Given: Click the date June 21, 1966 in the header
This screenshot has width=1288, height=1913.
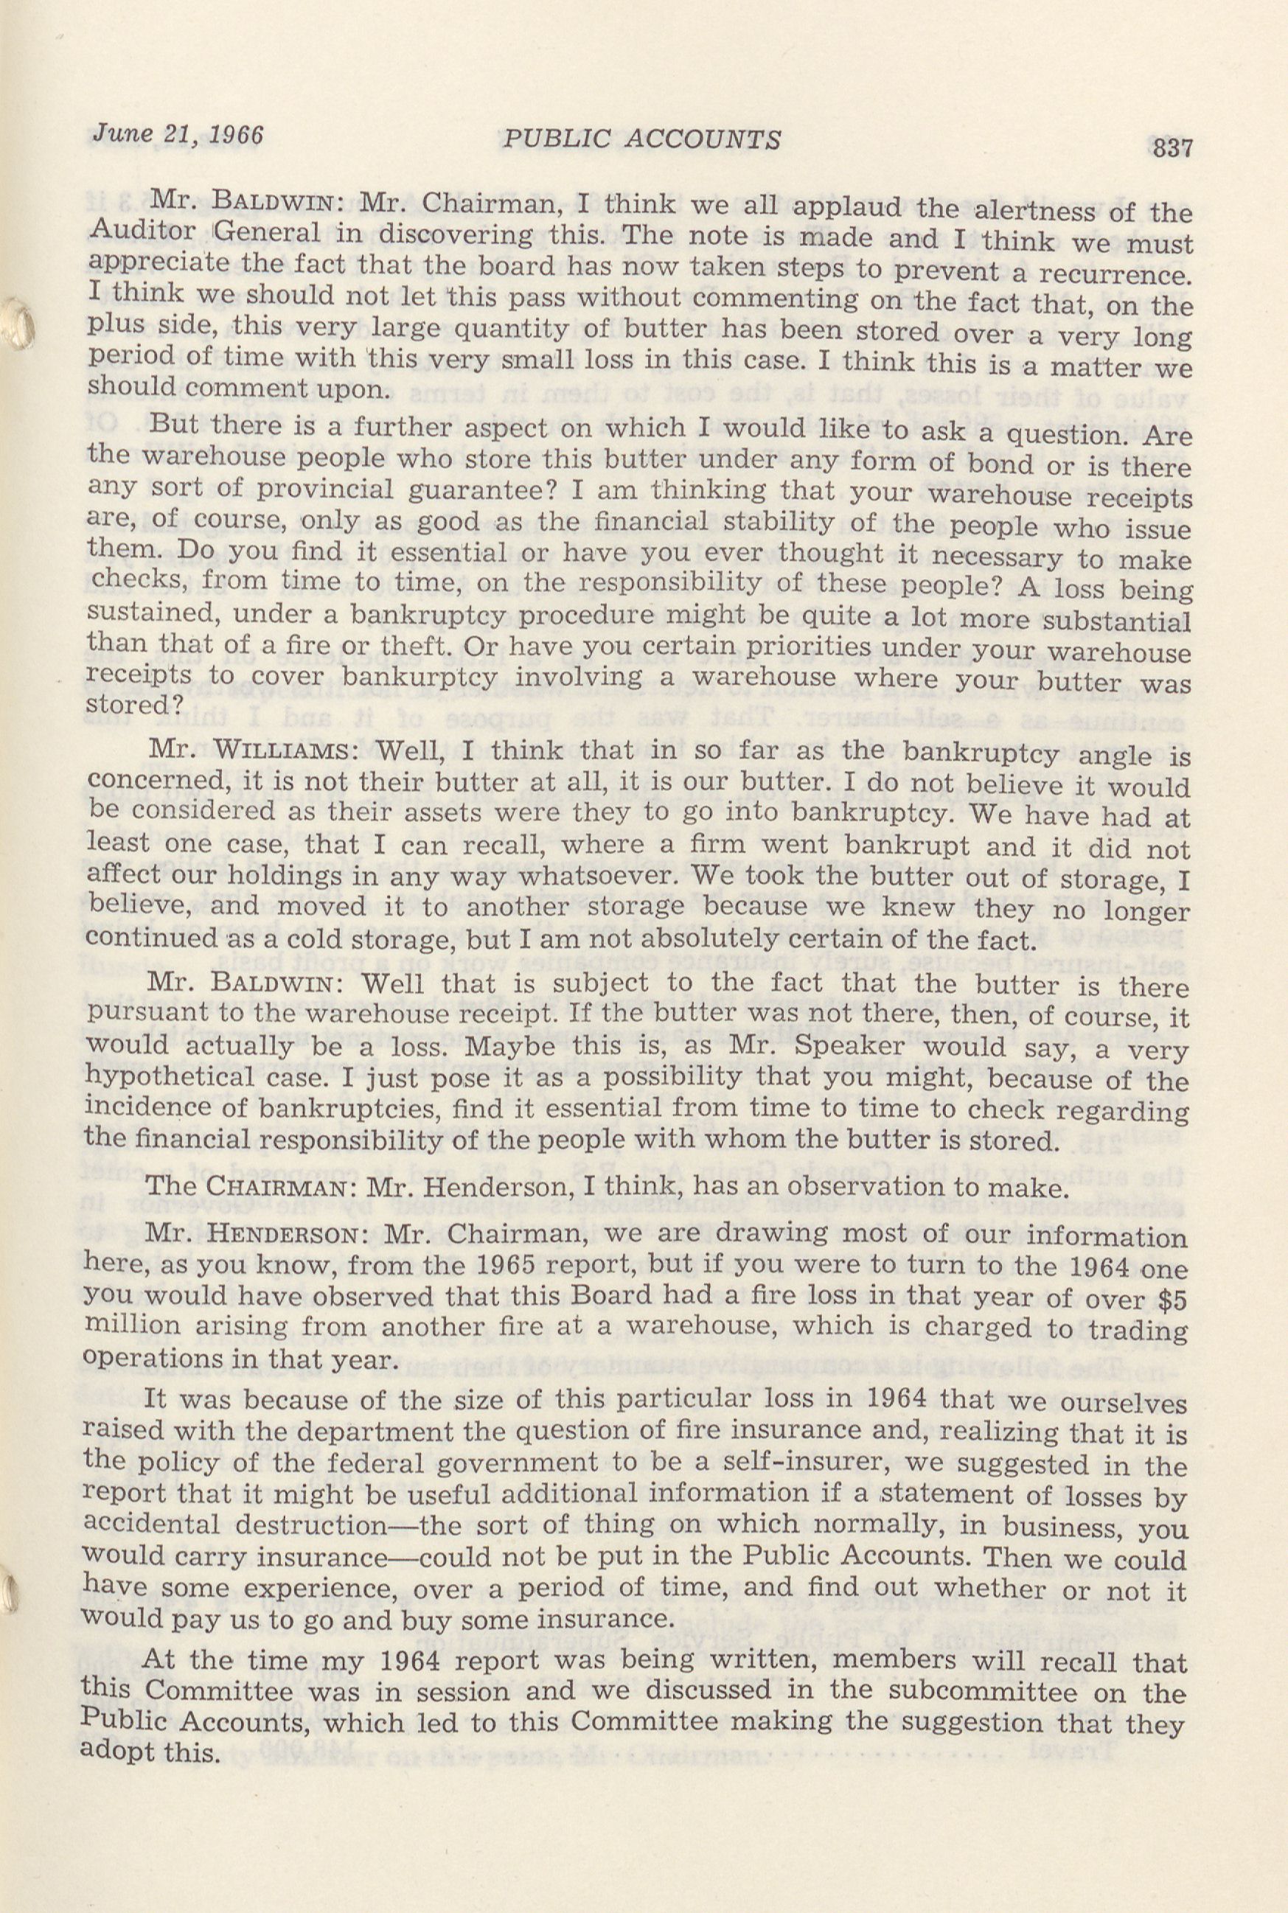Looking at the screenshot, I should tap(178, 133).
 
